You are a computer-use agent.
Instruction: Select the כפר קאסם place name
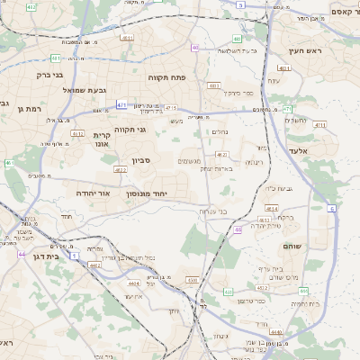pos(330,10)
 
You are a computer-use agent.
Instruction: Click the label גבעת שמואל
pos(59,90)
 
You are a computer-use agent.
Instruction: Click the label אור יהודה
pos(90,193)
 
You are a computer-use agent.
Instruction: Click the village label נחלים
pos(219,131)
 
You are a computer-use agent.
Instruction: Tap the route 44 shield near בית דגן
pos(22,254)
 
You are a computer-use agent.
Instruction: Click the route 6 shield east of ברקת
pos(330,208)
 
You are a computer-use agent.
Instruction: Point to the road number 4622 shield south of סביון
pos(120,169)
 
